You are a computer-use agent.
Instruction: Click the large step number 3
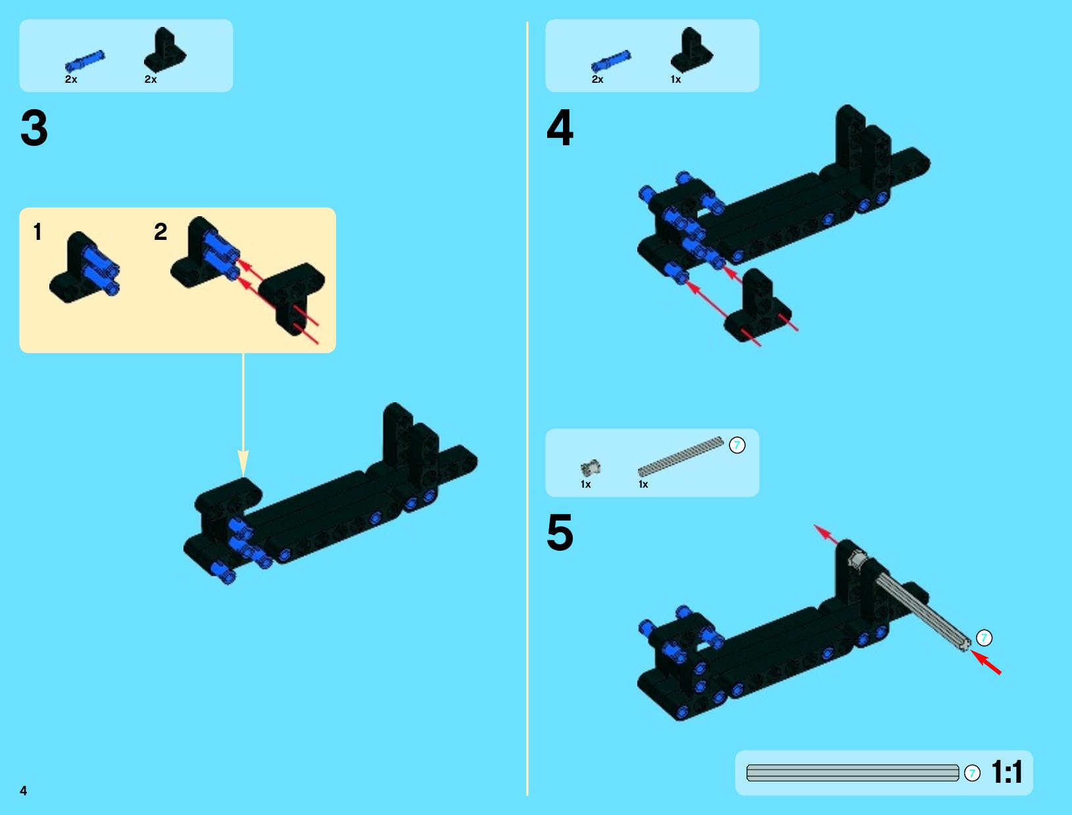(34, 128)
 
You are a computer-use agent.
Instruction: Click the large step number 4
(560, 128)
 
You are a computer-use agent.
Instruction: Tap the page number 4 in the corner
(24, 791)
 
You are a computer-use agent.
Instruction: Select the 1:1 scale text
(1006, 772)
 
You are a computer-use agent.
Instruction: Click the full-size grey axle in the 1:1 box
(853, 773)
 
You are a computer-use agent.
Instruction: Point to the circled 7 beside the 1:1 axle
(972, 773)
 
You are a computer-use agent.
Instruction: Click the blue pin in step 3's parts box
(85, 61)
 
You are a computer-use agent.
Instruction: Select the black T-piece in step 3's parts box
(165, 50)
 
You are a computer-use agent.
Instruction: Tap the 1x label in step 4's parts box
(675, 79)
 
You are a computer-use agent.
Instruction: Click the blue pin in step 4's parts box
(611, 61)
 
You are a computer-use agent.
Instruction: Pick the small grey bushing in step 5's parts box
(591, 468)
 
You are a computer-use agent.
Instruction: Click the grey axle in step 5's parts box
(680, 456)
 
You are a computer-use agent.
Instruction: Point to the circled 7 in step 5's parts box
(737, 445)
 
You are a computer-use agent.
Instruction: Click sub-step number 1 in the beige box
(37, 231)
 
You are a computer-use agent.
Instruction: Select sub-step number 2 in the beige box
(160, 231)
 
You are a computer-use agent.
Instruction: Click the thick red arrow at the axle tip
(986, 663)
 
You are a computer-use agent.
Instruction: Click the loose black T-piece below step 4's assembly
(758, 308)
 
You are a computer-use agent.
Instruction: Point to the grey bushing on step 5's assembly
(858, 558)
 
